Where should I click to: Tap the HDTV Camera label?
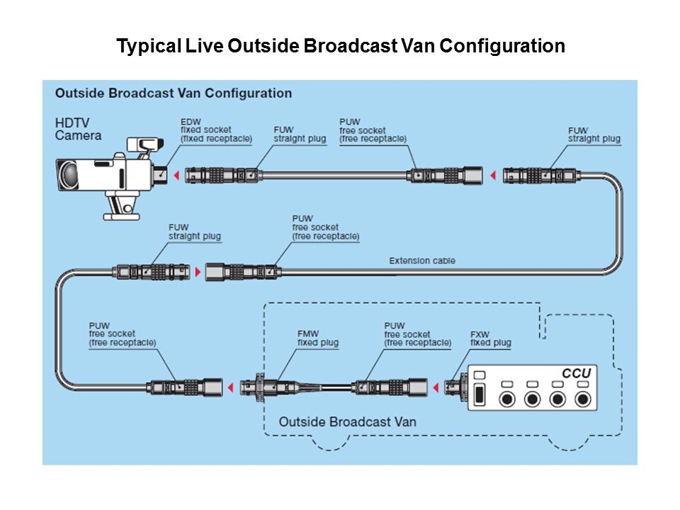(78, 129)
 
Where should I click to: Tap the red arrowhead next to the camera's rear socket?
(176, 173)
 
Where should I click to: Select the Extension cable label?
(422, 261)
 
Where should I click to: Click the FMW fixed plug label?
(317, 339)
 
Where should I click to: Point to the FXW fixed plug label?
(490, 339)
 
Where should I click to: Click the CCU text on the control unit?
(576, 373)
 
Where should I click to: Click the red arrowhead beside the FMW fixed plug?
(230, 387)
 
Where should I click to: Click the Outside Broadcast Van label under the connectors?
(347, 421)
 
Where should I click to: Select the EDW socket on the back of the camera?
(162, 173)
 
